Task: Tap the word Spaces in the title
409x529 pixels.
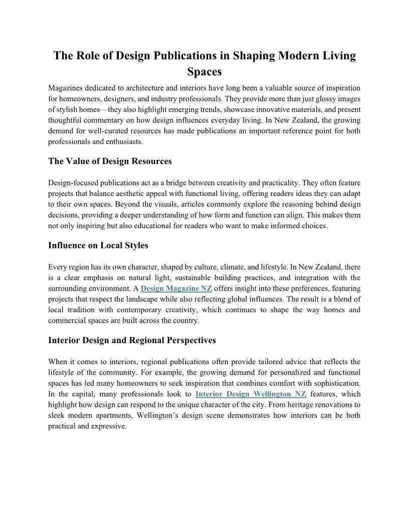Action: (x=204, y=72)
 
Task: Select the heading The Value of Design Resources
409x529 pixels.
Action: (x=110, y=161)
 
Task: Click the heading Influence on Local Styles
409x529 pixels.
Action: (x=98, y=245)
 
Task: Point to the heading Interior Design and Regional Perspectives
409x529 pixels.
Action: (x=132, y=340)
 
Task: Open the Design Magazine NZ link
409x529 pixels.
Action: (x=176, y=289)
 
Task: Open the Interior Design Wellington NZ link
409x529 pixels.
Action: (x=251, y=394)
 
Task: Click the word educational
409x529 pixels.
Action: (x=183, y=225)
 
